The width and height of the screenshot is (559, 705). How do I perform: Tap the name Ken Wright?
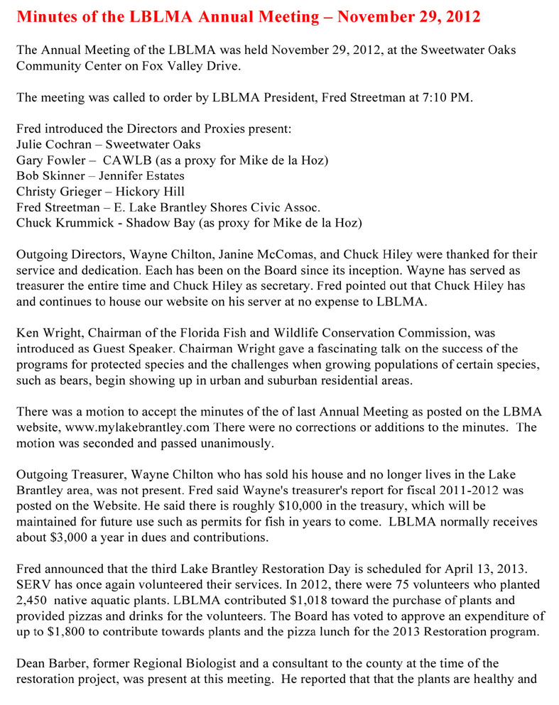click(46, 332)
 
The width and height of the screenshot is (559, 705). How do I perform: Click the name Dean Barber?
click(47, 663)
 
